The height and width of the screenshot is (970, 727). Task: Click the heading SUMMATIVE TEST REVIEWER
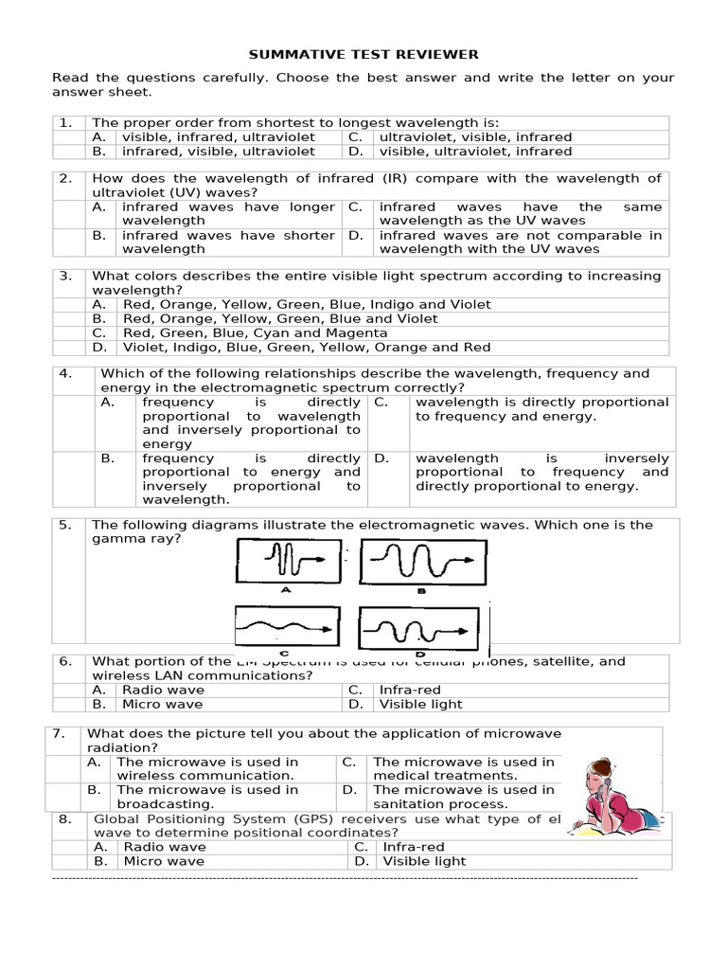pyautogui.click(x=363, y=54)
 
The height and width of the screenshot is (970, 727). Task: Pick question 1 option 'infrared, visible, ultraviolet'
pyautogui.click(x=219, y=151)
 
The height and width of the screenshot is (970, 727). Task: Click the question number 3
pyautogui.click(x=66, y=276)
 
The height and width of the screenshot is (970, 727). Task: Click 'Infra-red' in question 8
pyautogui.click(x=414, y=847)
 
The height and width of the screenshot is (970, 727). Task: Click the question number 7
pyautogui.click(x=59, y=733)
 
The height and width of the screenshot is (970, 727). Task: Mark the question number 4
pyautogui.click(x=66, y=373)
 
